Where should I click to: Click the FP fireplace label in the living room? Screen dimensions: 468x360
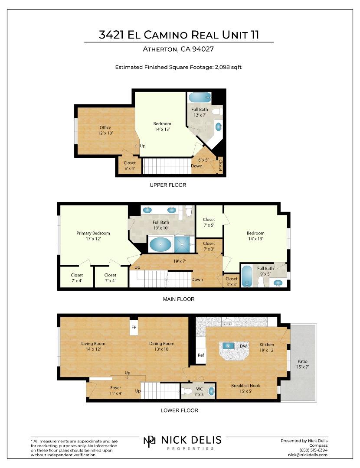click(x=134, y=328)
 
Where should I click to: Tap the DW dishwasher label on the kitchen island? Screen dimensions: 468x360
click(x=243, y=346)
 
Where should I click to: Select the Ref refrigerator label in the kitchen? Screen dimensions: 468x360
click(x=201, y=355)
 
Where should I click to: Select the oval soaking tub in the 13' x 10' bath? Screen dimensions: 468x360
click(x=161, y=245)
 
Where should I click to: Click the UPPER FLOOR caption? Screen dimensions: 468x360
click(x=168, y=185)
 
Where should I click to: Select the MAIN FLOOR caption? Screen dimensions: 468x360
click(x=179, y=299)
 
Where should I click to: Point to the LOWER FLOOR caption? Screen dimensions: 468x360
click(x=180, y=410)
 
